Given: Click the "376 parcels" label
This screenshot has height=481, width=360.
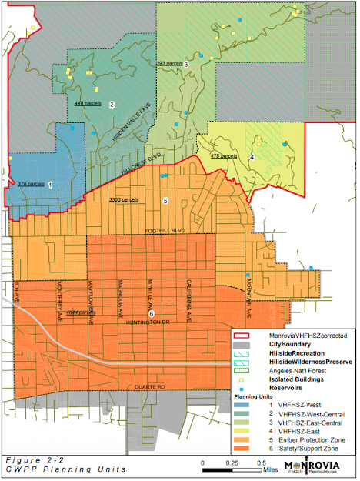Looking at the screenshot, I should tap(30, 184).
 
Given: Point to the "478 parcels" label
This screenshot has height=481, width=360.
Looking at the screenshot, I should tap(223, 156).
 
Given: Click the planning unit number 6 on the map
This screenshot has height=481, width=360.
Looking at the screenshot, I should tap(152, 313).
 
